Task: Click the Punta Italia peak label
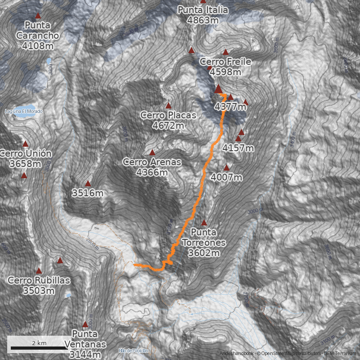click(203, 15)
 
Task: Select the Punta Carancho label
click(38, 35)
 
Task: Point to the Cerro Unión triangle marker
click(26, 144)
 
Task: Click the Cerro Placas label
click(168, 120)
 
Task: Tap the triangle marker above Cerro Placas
click(169, 106)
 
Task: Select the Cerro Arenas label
click(152, 166)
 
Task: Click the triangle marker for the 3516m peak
click(88, 183)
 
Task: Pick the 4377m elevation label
click(230, 107)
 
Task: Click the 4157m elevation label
click(238, 148)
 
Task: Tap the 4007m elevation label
click(226, 177)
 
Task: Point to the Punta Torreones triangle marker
click(204, 223)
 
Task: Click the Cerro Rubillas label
click(39, 285)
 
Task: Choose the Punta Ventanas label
click(85, 344)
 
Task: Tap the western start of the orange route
click(135, 265)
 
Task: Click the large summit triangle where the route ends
click(218, 88)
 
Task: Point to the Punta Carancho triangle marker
click(38, 15)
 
